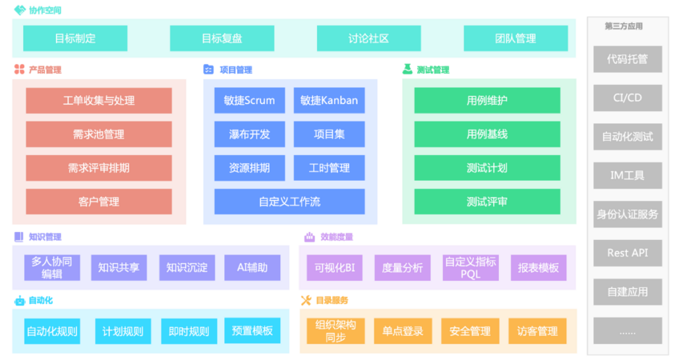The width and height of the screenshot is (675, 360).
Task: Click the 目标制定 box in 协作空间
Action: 75,38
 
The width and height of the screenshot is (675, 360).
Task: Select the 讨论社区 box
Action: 368,38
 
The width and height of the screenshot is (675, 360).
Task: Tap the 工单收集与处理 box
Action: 99,101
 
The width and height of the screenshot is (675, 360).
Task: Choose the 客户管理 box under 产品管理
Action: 99,202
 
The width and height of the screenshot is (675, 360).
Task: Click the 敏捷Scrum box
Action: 249,101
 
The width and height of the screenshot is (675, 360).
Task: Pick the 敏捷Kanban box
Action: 329,101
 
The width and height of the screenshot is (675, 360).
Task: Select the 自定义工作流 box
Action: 289,202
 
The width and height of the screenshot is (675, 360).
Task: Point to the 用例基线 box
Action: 487,135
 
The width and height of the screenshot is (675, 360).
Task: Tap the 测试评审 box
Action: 487,202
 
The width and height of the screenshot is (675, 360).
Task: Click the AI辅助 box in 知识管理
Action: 252,268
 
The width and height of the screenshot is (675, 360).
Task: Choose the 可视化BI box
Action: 335,268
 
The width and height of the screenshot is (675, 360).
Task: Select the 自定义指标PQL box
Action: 471,268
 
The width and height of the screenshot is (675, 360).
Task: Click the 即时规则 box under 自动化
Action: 189,331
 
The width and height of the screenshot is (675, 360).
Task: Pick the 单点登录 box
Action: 403,331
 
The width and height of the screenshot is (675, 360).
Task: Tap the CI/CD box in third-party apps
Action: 627,98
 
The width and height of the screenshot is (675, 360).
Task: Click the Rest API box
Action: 627,253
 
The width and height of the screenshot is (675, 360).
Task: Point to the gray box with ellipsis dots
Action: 627,331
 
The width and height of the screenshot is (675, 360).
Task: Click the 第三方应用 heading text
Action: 624,26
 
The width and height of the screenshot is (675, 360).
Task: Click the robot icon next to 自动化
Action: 19,301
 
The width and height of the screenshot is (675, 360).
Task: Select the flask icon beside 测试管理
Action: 407,69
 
